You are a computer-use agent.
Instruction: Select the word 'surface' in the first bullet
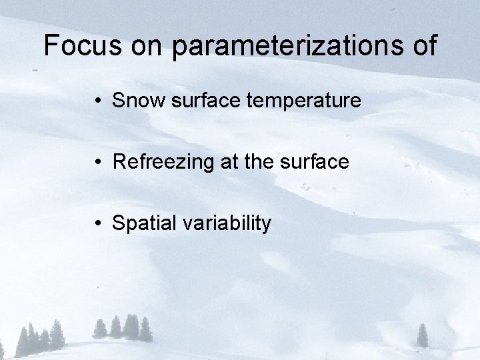coord(203,101)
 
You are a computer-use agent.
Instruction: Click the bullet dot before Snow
coord(98,101)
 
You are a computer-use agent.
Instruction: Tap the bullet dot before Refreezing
coord(98,162)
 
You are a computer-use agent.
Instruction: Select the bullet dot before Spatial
coord(98,223)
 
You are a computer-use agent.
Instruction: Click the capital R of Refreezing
coord(119,162)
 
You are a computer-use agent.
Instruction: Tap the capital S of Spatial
coord(119,223)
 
